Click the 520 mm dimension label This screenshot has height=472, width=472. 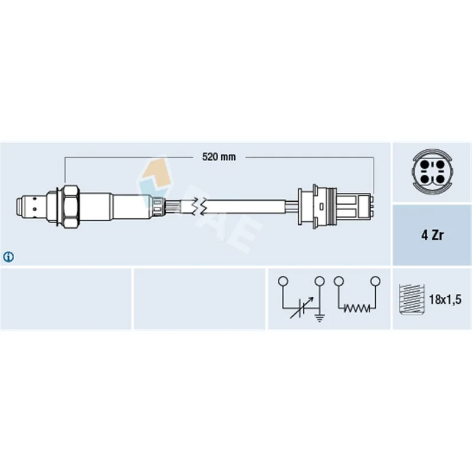click(219, 157)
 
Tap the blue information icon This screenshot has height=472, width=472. click(8, 257)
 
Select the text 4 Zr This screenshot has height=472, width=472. click(432, 235)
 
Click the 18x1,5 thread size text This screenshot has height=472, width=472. click(445, 299)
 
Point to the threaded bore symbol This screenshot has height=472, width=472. click(411, 299)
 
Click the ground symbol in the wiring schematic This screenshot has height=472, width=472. click(319, 317)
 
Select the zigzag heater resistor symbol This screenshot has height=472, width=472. click(357, 308)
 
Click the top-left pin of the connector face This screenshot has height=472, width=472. click(425, 165)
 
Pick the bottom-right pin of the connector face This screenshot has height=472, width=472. click(440, 179)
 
